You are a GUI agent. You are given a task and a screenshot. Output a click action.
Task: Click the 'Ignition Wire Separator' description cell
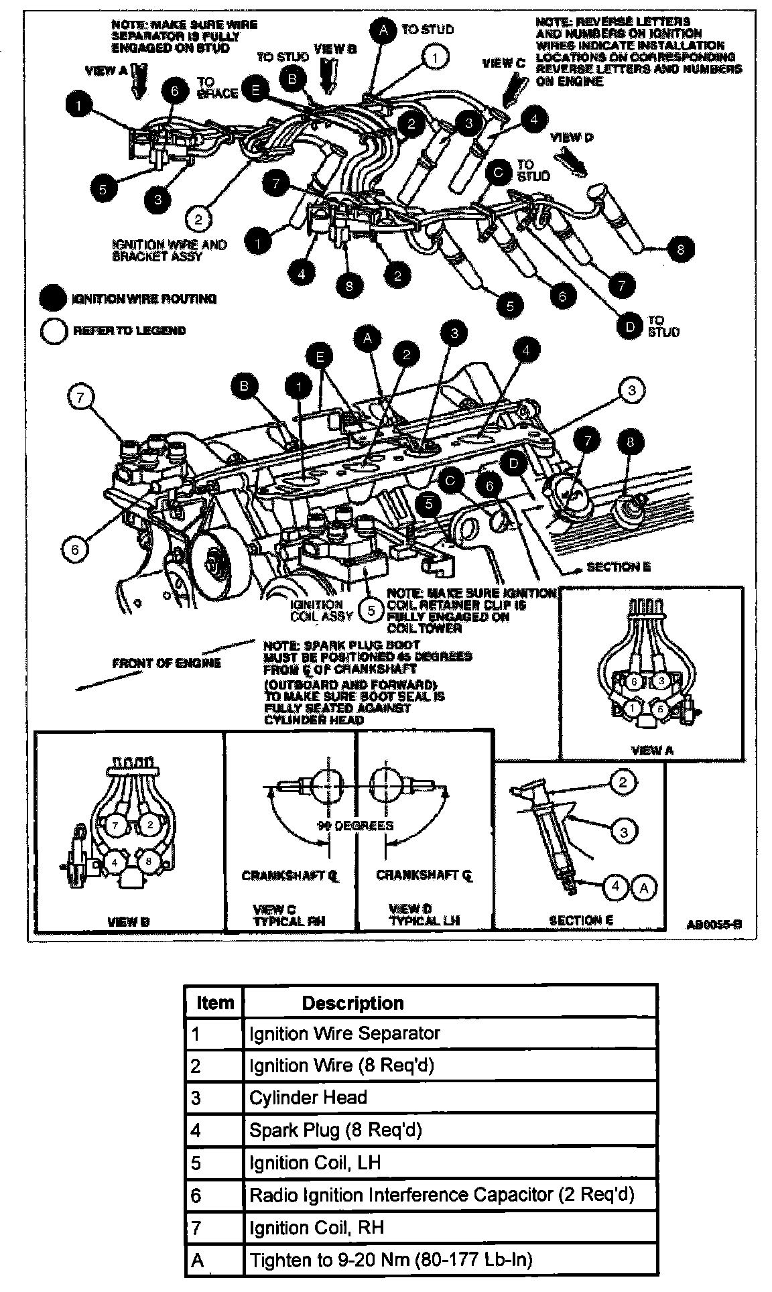[x=449, y=1033]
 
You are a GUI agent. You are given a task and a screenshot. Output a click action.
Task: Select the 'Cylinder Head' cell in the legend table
[x=449, y=1098]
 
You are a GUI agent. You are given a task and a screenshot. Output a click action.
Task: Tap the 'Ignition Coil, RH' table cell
[x=449, y=1228]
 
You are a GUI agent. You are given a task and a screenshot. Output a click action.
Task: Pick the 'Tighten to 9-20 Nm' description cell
[x=449, y=1261]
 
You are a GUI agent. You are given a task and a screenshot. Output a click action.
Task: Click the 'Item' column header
[x=214, y=1003]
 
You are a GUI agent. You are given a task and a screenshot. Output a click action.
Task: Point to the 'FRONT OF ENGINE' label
[x=166, y=663]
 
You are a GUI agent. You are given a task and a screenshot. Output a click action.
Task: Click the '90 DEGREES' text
[x=355, y=826]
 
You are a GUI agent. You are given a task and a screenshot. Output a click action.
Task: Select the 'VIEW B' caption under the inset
[x=129, y=921]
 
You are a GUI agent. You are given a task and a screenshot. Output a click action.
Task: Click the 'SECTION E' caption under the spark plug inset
[x=581, y=921]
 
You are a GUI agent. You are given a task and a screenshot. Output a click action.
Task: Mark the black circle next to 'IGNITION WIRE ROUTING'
[x=54, y=299]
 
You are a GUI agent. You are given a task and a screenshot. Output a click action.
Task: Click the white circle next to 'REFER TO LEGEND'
[x=54, y=331]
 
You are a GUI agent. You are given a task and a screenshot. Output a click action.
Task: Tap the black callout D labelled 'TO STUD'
[x=630, y=327]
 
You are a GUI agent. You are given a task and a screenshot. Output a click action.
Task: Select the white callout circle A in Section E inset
[x=644, y=887]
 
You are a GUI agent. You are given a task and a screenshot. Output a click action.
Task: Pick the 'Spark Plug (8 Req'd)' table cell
[x=449, y=1130]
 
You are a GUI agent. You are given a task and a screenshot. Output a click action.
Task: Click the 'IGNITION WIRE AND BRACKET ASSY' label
[x=170, y=251]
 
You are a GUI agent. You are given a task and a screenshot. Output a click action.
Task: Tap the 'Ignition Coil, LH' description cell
[x=449, y=1163]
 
